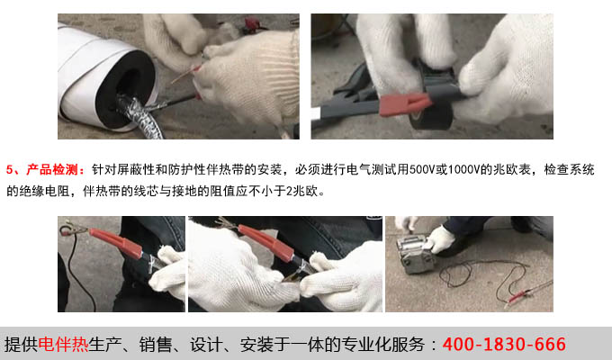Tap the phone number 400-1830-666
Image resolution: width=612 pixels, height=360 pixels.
point(504,345)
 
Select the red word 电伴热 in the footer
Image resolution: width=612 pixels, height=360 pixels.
point(63,345)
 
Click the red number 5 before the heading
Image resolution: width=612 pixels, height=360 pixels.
point(10,170)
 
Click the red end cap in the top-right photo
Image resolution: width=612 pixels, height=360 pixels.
point(405,103)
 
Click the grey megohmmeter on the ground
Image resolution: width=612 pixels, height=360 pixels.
point(414,254)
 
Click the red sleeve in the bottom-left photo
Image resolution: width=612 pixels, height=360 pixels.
point(116,243)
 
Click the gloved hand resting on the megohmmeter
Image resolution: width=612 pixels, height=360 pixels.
point(439,239)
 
